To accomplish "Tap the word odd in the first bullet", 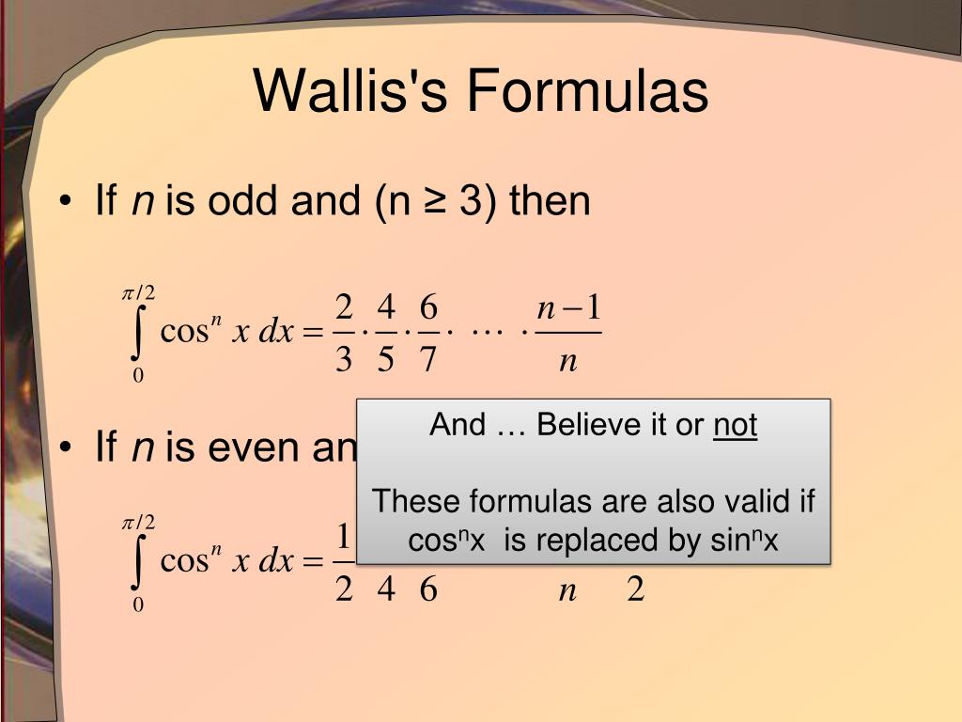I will [247, 201].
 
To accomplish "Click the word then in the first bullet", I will [550, 201].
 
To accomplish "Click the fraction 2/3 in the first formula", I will [343, 333].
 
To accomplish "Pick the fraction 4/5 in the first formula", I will [385, 333].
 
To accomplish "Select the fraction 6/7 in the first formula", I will [428, 333].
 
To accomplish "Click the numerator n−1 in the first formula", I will [568, 309].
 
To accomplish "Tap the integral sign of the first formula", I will [139, 334].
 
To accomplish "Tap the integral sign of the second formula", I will [139, 563].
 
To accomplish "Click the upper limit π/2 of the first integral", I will [138, 294].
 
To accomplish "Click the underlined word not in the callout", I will [735, 426].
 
